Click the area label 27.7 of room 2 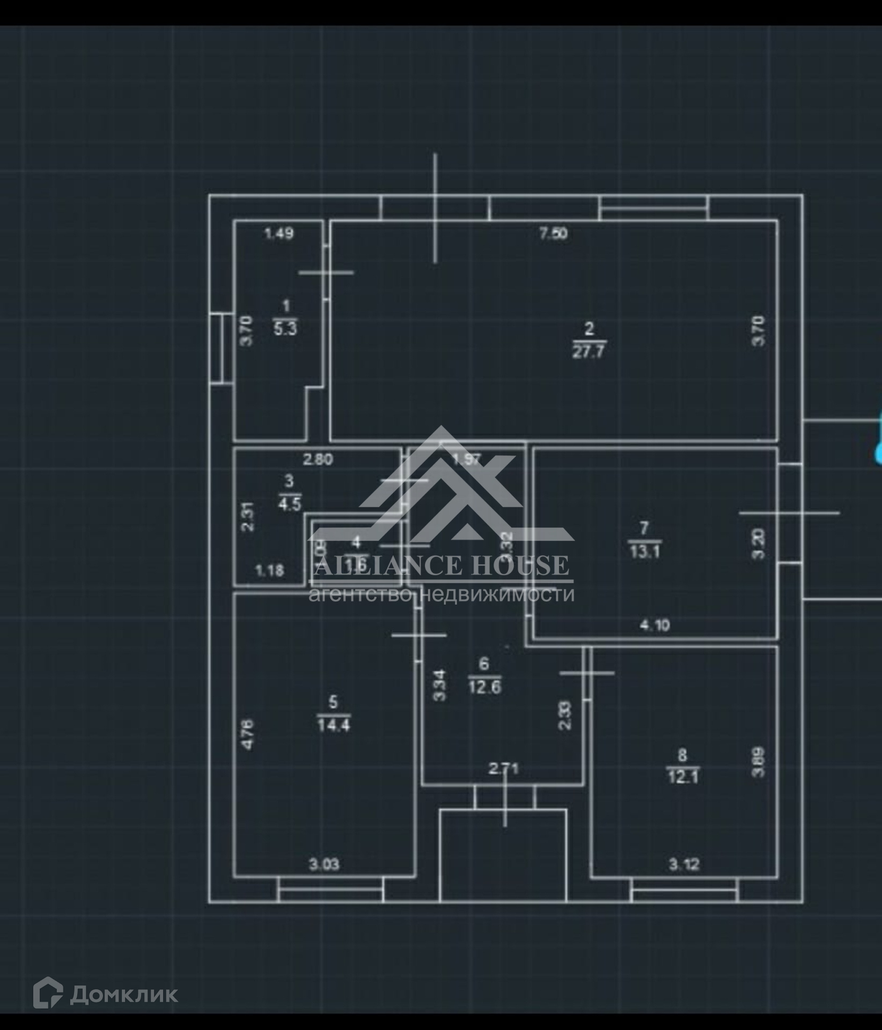[x=589, y=352]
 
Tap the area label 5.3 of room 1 [x=285, y=328]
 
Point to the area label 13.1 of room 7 [x=644, y=551]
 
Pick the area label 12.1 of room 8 [x=682, y=776]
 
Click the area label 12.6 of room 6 [x=484, y=687]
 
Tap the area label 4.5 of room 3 [x=289, y=504]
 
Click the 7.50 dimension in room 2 [x=553, y=234]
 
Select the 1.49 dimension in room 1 [x=279, y=233]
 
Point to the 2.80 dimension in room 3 [x=318, y=459]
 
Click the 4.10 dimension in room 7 [x=655, y=625]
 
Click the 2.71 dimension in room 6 [x=504, y=769]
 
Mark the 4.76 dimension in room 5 [x=248, y=734]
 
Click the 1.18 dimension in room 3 [x=269, y=570]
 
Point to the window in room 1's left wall [x=217, y=348]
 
